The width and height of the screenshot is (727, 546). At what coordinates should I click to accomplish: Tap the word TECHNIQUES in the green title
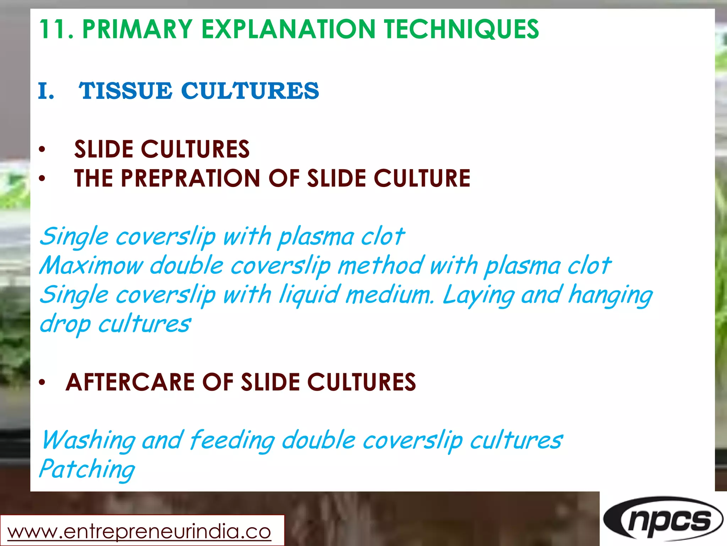(461, 29)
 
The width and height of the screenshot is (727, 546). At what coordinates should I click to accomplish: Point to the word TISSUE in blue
(126, 91)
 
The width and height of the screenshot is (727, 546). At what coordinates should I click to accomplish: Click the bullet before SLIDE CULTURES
(42, 150)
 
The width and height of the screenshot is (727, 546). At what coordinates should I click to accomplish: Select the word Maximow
(91, 266)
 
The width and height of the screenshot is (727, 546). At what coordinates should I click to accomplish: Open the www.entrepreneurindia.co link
(139, 532)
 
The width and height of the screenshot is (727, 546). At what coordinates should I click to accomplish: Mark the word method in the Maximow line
(380, 266)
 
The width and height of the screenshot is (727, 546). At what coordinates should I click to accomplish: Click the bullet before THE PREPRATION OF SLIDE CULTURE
(42, 179)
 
